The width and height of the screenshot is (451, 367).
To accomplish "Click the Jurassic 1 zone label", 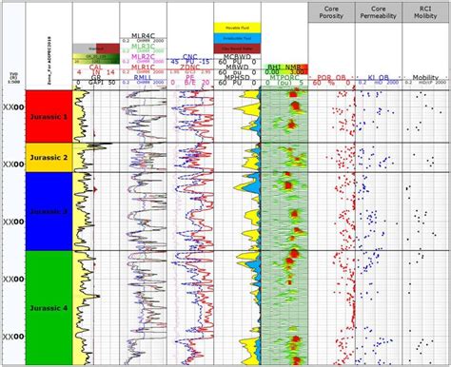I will (47, 115).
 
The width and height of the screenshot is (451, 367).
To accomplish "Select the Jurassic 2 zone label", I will (47, 158).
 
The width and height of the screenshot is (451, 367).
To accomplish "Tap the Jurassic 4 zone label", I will (47, 306).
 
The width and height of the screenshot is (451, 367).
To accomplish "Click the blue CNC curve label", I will (190, 57).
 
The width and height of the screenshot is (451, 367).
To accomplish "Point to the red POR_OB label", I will (332, 77).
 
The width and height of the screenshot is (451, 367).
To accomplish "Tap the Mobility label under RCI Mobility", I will (427, 77).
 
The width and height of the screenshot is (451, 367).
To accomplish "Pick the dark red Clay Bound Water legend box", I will (238, 46).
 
